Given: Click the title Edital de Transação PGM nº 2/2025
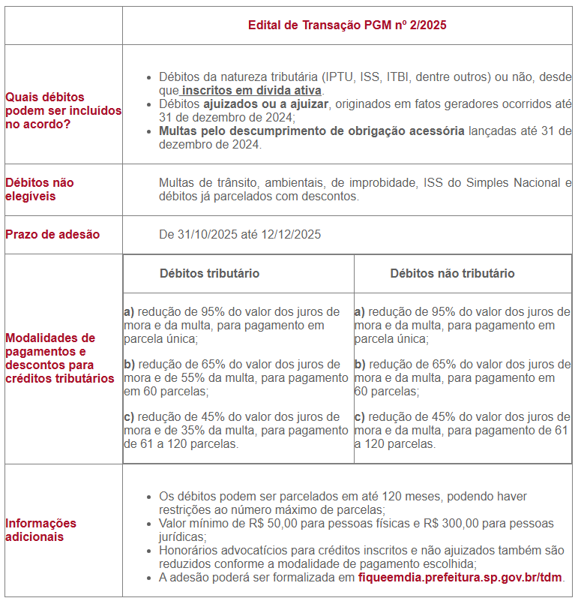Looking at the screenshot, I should click(x=347, y=25).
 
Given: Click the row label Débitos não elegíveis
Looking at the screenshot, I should click(x=40, y=189).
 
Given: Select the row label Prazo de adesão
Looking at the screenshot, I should click(x=52, y=234).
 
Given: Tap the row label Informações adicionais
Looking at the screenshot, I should click(x=40, y=530).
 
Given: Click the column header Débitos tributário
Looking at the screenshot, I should click(x=209, y=273).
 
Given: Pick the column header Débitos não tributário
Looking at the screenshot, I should click(x=452, y=273).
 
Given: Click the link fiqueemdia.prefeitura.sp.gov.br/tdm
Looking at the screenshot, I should click(x=460, y=577).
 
